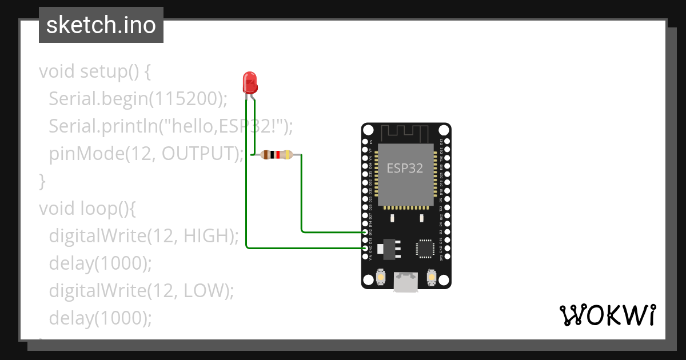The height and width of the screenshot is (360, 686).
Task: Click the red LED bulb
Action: click(250, 82)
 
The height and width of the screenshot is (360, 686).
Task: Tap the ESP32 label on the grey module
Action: click(405, 168)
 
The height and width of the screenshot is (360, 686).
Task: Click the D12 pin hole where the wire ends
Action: click(366, 233)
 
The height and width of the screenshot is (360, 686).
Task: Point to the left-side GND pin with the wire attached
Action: click(366, 249)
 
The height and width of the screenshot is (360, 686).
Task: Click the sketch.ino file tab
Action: click(101, 25)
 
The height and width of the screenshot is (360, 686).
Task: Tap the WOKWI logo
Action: click(607, 315)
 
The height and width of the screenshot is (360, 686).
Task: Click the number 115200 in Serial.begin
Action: click(185, 99)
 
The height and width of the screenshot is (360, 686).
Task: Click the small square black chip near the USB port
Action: click(425, 248)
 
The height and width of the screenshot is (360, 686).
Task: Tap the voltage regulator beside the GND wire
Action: click(390, 247)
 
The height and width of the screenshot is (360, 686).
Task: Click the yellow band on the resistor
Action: click(286, 154)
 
